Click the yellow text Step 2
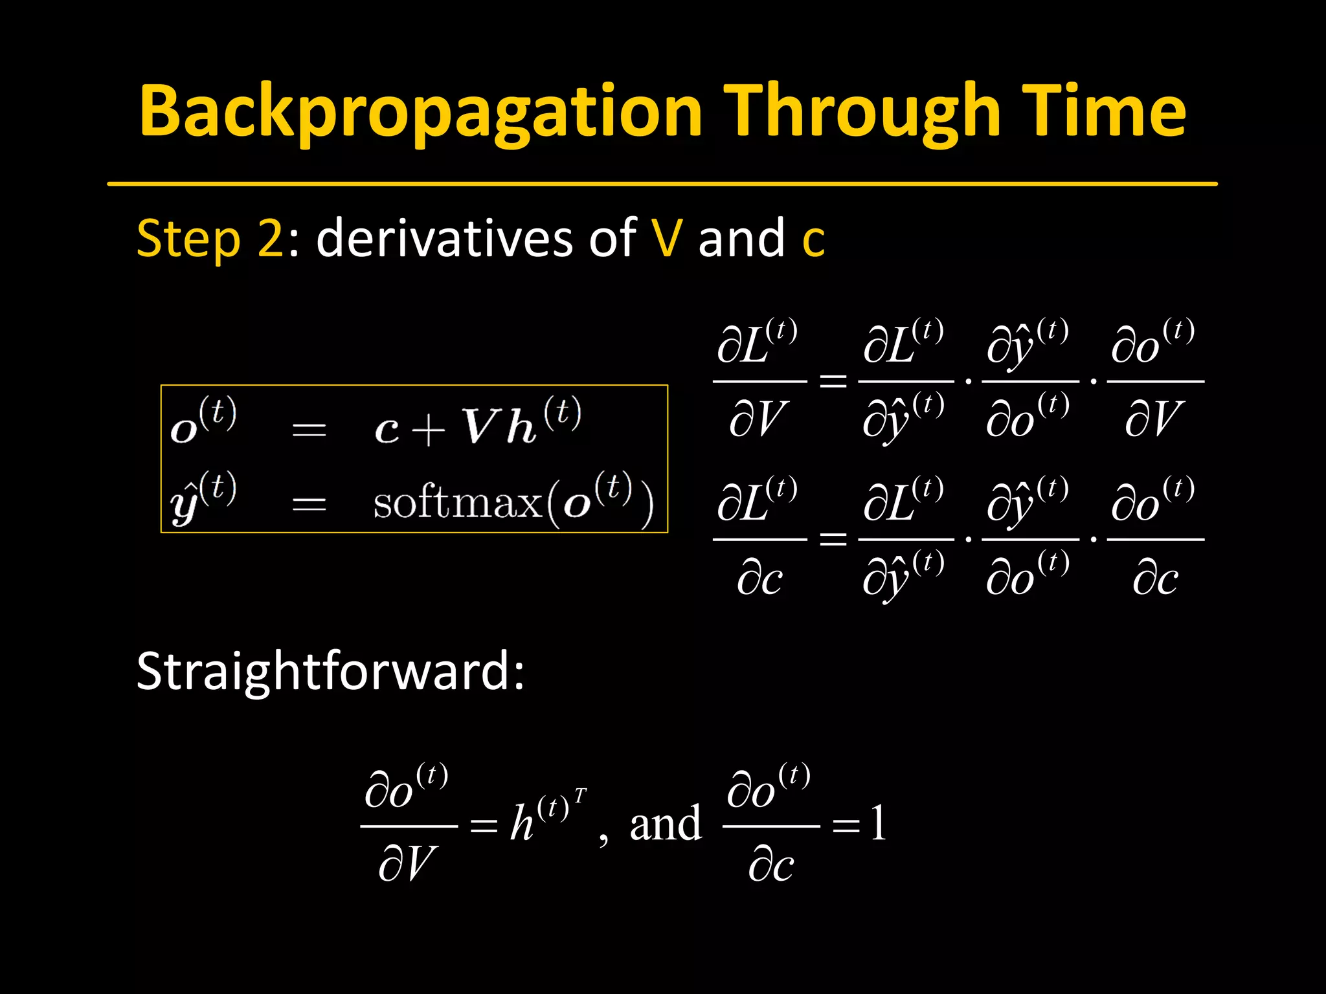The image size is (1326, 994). click(x=210, y=238)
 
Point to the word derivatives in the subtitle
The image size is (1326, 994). click(x=444, y=238)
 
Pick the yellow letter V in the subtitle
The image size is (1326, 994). click(x=667, y=238)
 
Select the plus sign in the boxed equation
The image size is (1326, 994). click(x=428, y=429)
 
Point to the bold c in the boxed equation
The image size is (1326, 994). click(x=387, y=430)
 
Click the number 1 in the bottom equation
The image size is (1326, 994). click(x=878, y=823)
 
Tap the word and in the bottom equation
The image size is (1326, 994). click(x=666, y=824)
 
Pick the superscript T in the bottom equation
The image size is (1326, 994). click(x=580, y=795)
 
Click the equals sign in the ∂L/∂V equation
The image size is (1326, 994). click(x=833, y=381)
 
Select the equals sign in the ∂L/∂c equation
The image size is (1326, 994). click(x=833, y=538)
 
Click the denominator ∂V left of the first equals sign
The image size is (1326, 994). click(x=758, y=419)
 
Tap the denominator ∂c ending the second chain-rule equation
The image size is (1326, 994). click(x=1155, y=578)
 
